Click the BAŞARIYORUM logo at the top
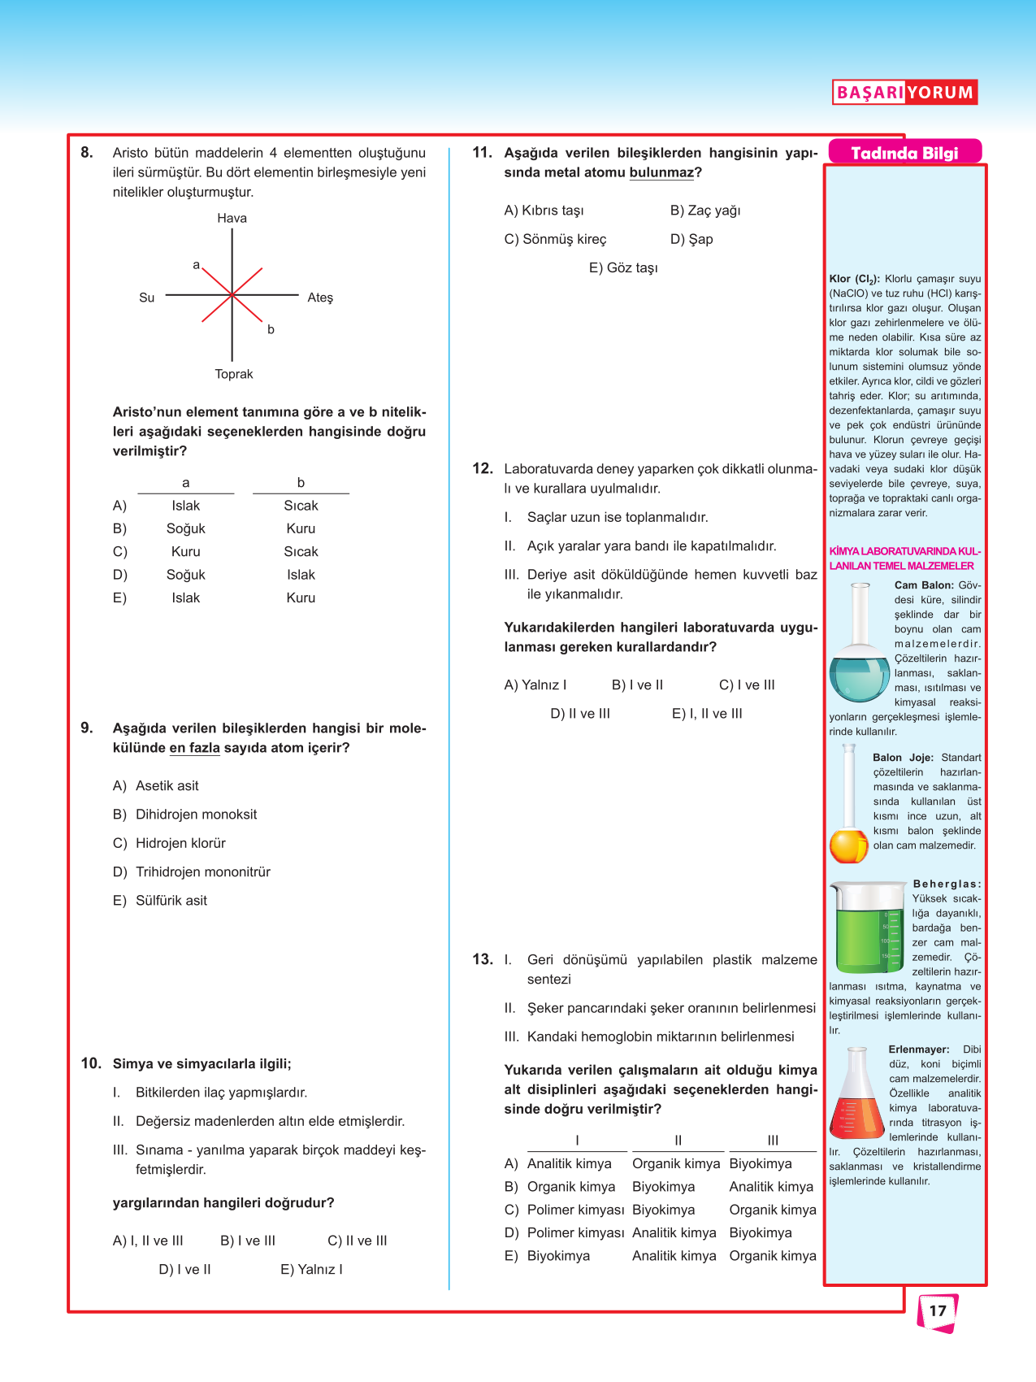(904, 92)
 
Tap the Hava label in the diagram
(232, 218)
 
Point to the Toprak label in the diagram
(234, 374)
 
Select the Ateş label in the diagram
(320, 298)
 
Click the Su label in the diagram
(146, 298)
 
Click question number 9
(87, 728)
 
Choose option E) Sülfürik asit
(160, 900)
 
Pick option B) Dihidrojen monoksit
(184, 814)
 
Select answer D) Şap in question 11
(691, 239)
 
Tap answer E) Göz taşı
(623, 267)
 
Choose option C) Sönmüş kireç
(555, 239)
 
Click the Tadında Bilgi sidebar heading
(904, 153)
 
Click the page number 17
(938, 1310)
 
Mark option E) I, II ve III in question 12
(707, 713)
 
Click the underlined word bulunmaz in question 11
(661, 172)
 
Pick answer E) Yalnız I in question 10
(311, 1269)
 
